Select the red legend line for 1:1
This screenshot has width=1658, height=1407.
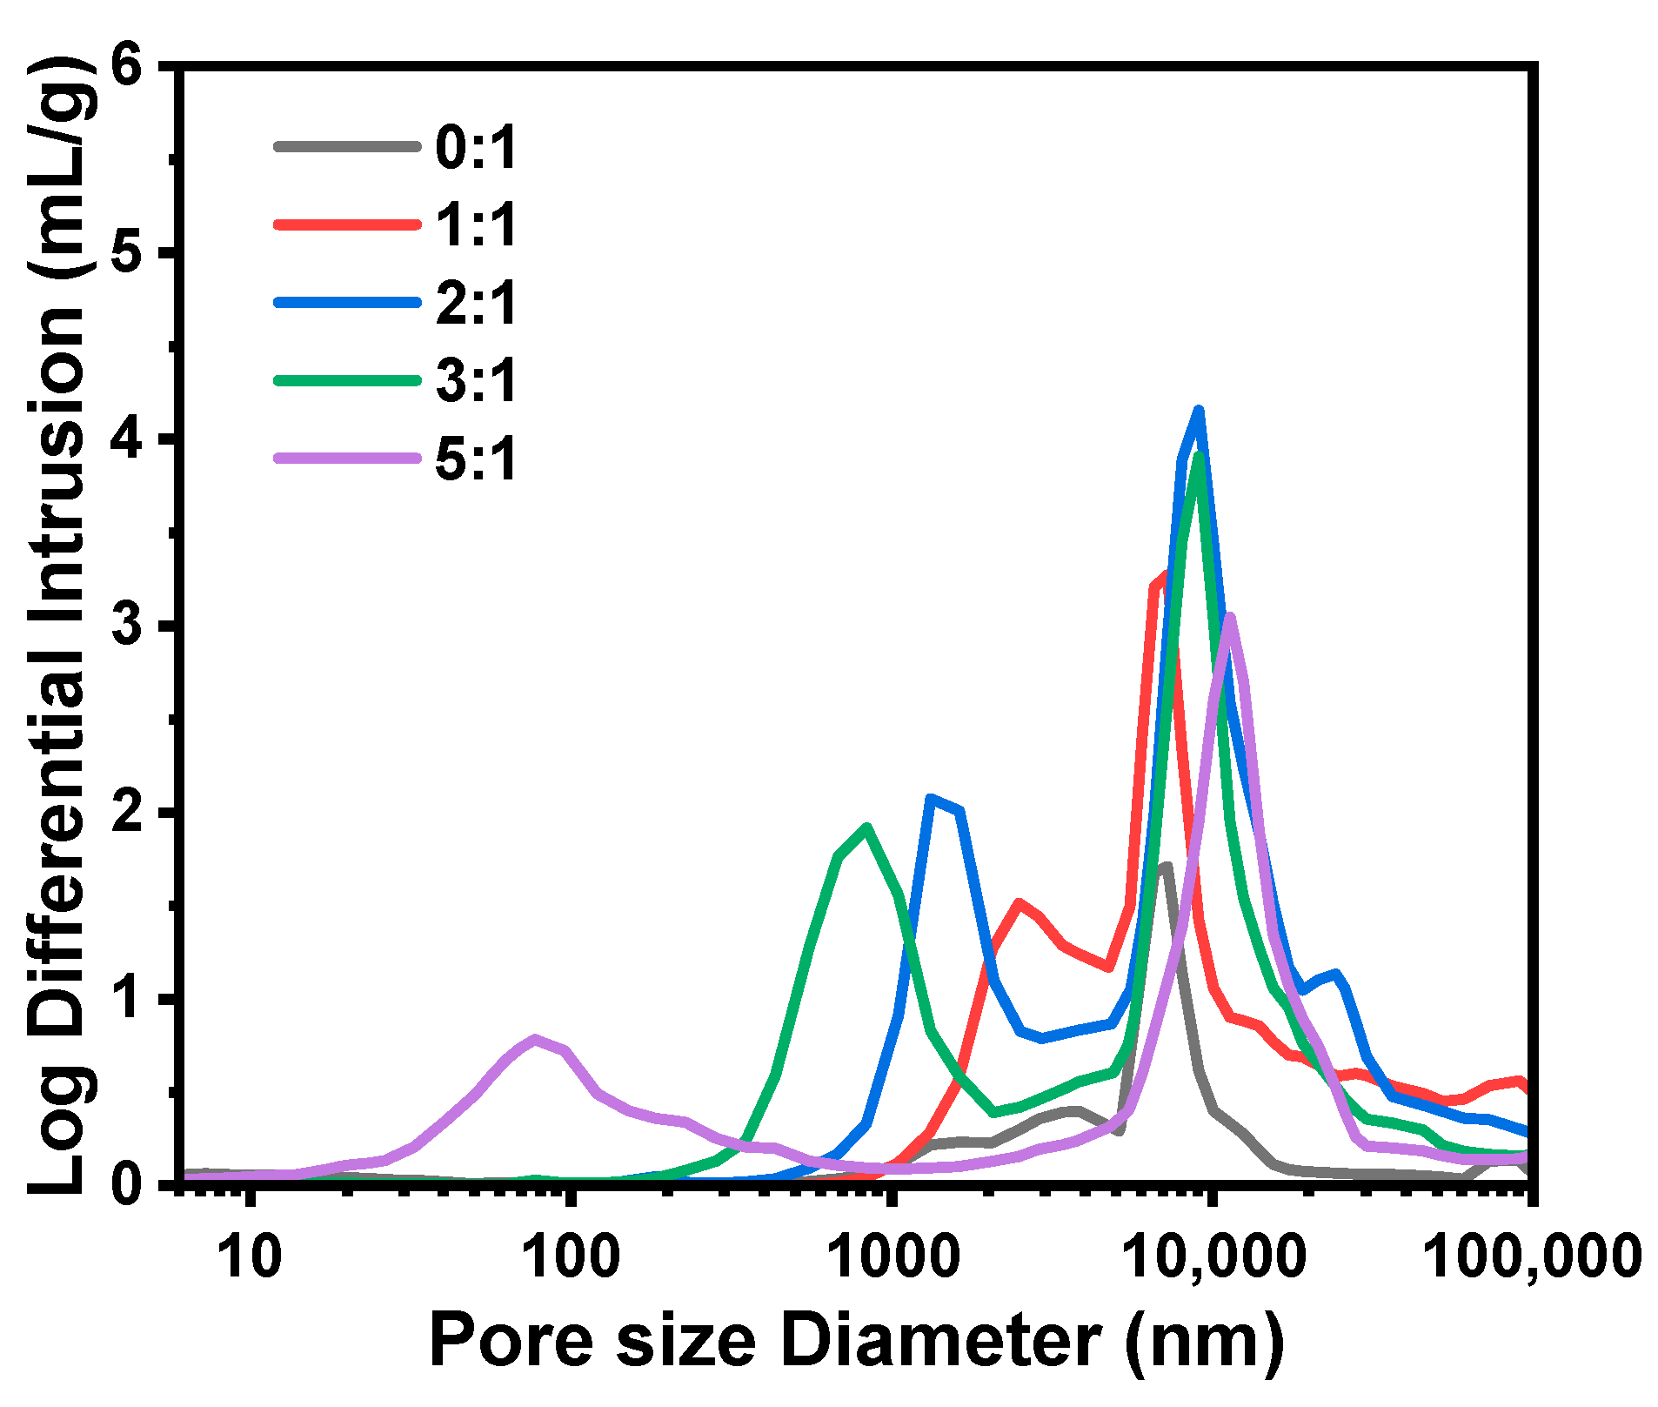click(347, 224)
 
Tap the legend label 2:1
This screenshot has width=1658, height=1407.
click(476, 303)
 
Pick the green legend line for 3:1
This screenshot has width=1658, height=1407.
click(347, 380)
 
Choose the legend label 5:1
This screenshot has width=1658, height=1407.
click(476, 459)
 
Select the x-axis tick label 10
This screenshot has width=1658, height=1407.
click(251, 1256)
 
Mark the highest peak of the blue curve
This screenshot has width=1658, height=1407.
click(1199, 411)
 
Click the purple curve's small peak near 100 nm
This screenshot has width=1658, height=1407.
click(535, 1038)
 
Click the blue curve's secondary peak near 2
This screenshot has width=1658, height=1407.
click(931, 799)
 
